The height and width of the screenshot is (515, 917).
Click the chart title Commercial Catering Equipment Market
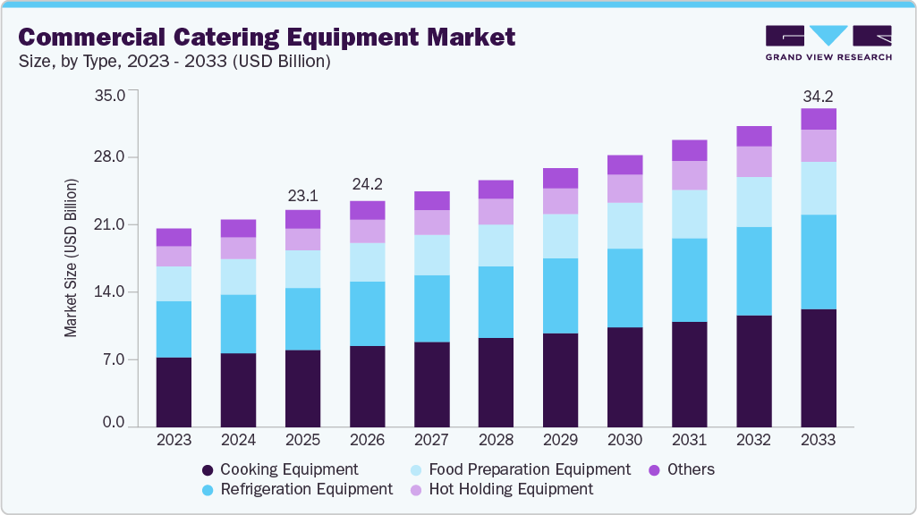(267, 37)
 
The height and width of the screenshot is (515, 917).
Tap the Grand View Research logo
(828, 43)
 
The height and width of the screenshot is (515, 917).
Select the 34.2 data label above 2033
(818, 96)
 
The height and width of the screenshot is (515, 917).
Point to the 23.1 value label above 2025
(302, 196)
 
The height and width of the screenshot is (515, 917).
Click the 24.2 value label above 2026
(367, 185)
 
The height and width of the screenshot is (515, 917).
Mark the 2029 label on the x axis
(560, 440)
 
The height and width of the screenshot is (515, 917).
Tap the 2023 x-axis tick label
(174, 440)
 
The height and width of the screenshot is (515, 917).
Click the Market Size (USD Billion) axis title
(71, 257)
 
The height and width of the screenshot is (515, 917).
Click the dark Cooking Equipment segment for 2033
(818, 367)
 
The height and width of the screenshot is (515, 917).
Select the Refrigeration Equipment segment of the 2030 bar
(624, 288)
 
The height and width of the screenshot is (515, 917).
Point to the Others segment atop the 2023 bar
(174, 237)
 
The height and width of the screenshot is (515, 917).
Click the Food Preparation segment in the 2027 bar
(431, 255)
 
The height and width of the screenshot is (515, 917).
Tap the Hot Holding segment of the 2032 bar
(753, 161)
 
